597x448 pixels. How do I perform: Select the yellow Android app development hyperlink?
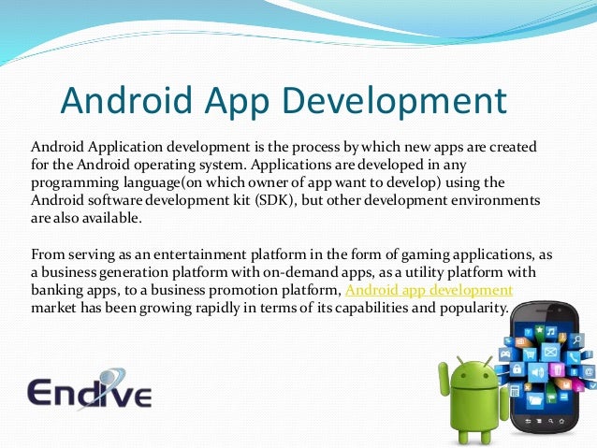[x=428, y=290]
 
